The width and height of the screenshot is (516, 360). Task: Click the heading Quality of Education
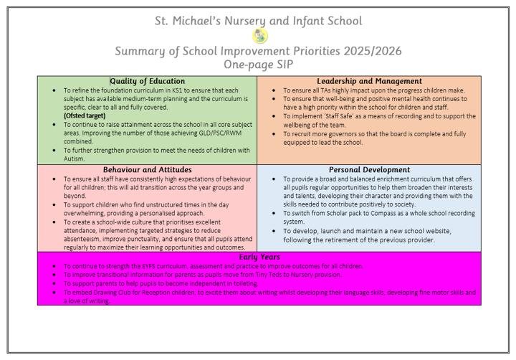[x=147, y=81]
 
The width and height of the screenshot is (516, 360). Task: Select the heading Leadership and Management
[x=369, y=81]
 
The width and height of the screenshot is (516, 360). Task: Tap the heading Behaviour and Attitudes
[x=147, y=170]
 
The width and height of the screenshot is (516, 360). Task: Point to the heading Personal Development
[x=369, y=170]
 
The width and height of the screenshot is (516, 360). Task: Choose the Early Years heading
[x=259, y=256]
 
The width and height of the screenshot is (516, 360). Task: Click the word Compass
[x=383, y=213]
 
